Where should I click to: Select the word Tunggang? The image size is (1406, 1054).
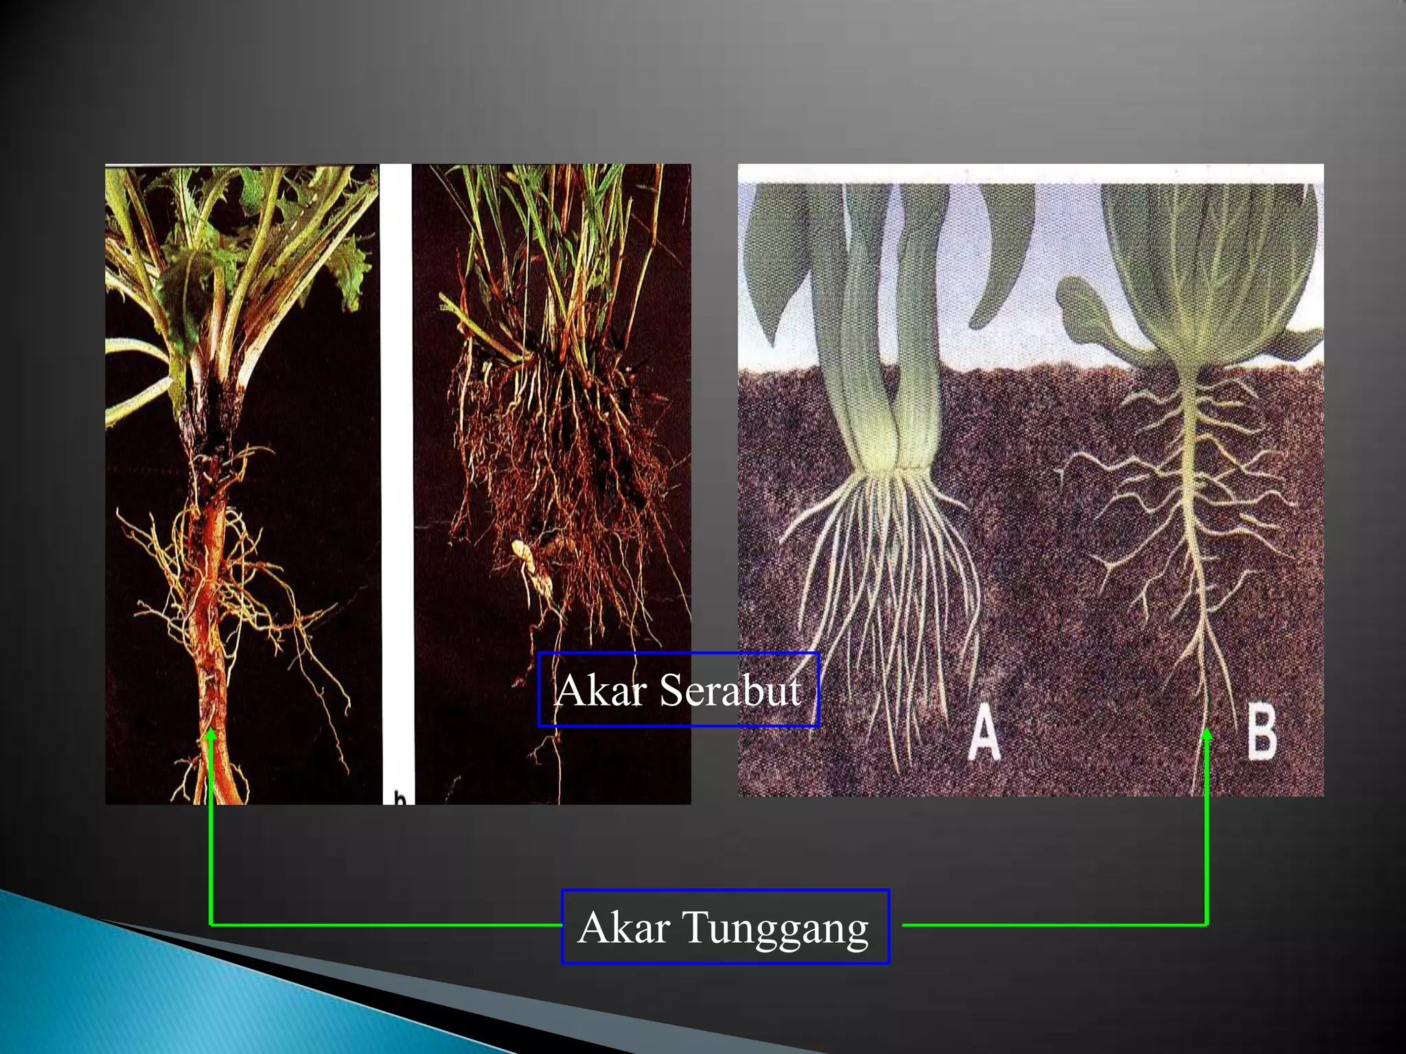pos(776,928)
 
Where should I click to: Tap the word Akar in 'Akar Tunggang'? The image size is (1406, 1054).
pos(624,928)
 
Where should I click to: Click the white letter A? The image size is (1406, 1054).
pos(984,734)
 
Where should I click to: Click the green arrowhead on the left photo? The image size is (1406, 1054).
pos(211,734)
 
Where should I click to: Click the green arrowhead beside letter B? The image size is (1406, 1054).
pos(1206,734)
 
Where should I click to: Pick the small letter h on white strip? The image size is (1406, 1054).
pos(399,797)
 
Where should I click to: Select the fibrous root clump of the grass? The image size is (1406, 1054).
pos(570,467)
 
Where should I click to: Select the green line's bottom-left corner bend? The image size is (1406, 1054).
pos(210,925)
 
